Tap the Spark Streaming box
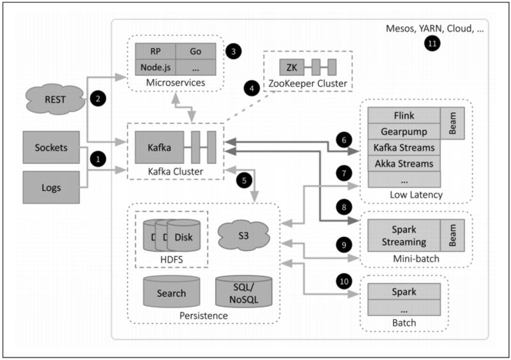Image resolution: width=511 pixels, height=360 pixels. [403, 237]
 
